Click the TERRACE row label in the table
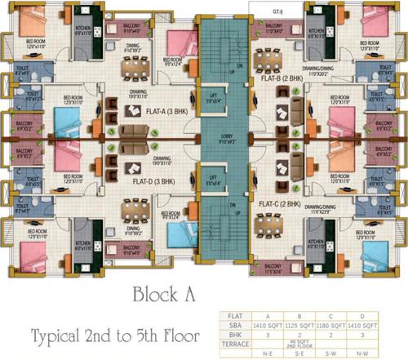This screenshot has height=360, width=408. pyautogui.click(x=233, y=343)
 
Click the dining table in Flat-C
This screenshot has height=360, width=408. pyautogui.click(x=290, y=224)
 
